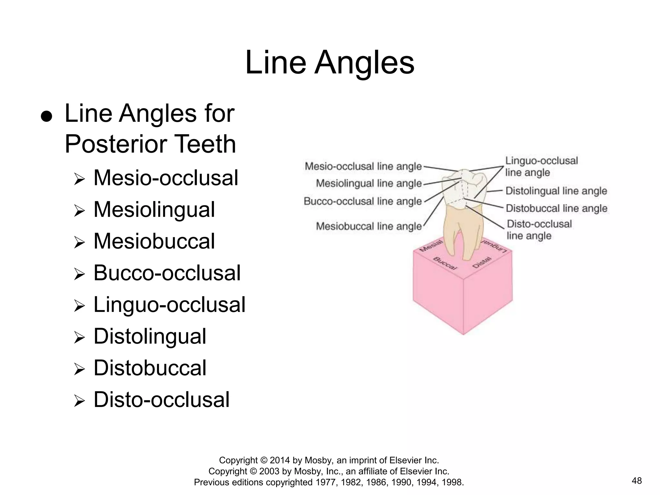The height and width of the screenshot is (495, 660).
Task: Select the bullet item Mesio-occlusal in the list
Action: point(166,178)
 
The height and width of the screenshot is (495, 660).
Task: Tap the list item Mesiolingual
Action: point(154,209)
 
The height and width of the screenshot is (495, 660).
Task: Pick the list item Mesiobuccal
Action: point(154,241)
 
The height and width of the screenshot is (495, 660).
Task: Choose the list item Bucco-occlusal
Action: point(167,273)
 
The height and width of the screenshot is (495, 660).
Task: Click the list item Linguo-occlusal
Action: point(169,305)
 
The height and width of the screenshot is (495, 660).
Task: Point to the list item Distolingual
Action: point(150,336)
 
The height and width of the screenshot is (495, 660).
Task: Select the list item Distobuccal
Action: point(150,368)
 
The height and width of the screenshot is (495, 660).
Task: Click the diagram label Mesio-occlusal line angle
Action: point(363,166)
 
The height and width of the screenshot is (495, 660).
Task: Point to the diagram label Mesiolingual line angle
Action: point(369,183)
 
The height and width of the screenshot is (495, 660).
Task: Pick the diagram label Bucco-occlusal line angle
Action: point(363,201)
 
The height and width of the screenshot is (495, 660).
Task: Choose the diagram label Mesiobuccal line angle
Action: point(369,226)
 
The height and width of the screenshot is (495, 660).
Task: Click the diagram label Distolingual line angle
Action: point(556,191)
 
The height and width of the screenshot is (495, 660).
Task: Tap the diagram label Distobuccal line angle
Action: point(557,208)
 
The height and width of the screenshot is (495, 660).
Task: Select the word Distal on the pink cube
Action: point(482,262)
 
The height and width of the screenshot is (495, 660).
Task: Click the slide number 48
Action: point(637,481)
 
